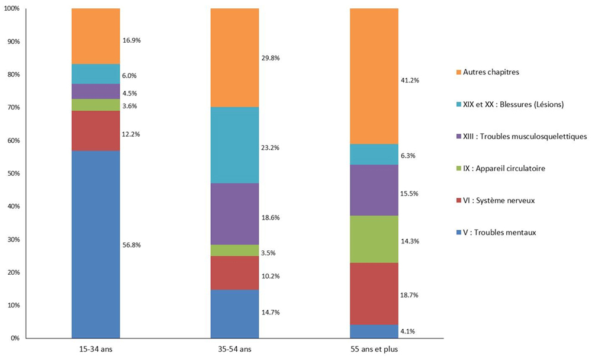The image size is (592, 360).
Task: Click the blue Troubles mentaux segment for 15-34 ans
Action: [95, 244]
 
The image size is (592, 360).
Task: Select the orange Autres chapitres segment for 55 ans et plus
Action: [374, 76]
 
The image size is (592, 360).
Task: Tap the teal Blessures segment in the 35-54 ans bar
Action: [234, 145]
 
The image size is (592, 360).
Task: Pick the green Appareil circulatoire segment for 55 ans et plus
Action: [374, 239]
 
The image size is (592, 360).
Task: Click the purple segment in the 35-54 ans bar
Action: [234, 214]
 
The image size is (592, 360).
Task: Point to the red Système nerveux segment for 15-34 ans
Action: [95, 131]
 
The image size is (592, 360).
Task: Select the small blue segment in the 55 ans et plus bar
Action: [374, 331]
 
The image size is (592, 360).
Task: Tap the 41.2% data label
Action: [410, 80]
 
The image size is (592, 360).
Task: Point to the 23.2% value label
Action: [271, 147]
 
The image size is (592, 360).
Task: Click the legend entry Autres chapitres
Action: [491, 72]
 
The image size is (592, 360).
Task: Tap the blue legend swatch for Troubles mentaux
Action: [459, 233]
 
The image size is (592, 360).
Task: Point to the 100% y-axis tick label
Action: [12, 9]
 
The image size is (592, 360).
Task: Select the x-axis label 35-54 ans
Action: [234, 349]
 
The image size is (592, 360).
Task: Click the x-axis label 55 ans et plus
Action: [374, 349]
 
